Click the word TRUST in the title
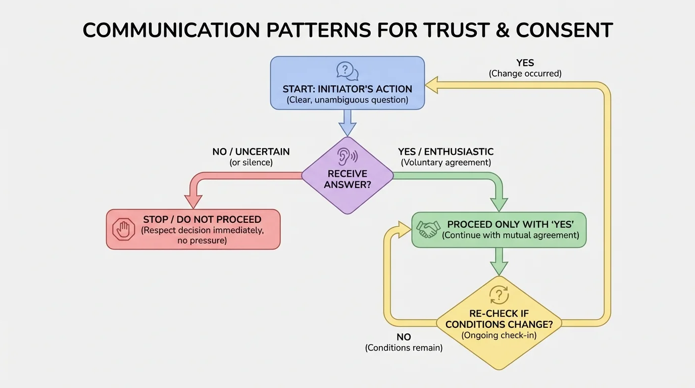coord(450,30)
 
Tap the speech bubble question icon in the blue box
coord(347,71)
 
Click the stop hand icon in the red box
coord(124,230)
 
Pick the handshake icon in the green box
coord(428,230)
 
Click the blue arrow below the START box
coord(347,122)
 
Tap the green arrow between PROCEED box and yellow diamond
coord(499,261)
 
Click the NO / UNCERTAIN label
coord(251,152)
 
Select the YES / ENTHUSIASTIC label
coord(445,152)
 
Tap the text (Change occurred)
coord(525,74)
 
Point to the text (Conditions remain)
coord(404,348)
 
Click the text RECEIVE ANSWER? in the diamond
coord(347,179)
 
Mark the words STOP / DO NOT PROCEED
coord(202,219)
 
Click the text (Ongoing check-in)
coord(499,335)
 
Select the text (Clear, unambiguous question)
coord(347,100)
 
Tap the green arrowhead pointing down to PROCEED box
coord(499,205)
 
